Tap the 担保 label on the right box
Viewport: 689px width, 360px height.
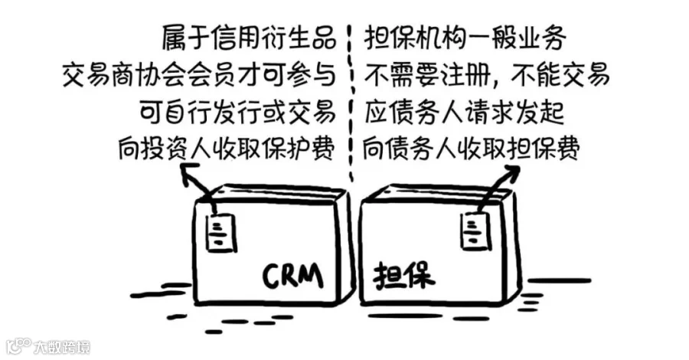pos(404,274)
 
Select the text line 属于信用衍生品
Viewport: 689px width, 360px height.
pos(248,36)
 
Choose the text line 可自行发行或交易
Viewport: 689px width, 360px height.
pos(237,112)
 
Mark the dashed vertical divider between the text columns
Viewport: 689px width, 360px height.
pos(351,100)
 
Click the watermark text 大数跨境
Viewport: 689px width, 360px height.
pos(62,346)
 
